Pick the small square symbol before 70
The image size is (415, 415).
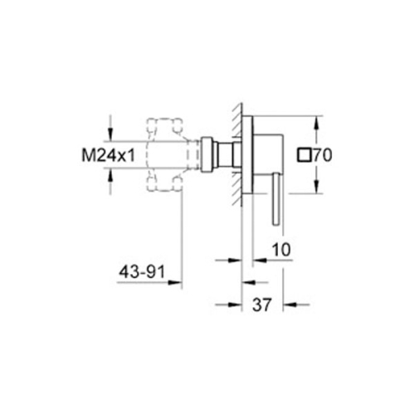coord(303,154)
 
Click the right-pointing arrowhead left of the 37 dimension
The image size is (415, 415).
coord(235,304)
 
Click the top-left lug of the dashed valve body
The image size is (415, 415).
coord(151,125)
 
